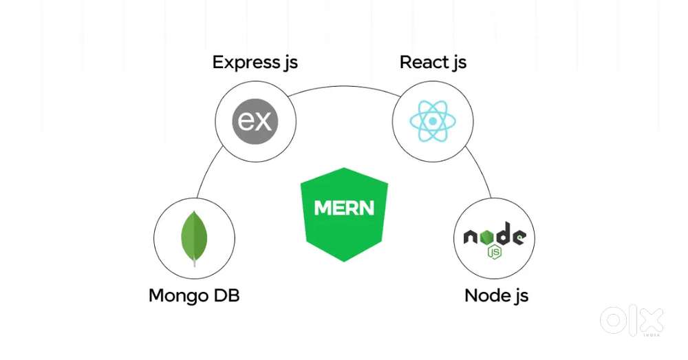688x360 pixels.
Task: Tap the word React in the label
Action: tap(424, 62)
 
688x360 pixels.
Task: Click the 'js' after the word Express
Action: tap(290, 63)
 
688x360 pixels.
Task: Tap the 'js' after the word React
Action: tap(459, 63)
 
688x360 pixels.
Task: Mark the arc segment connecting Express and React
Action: tap(344, 87)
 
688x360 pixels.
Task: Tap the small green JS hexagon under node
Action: tap(494, 252)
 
